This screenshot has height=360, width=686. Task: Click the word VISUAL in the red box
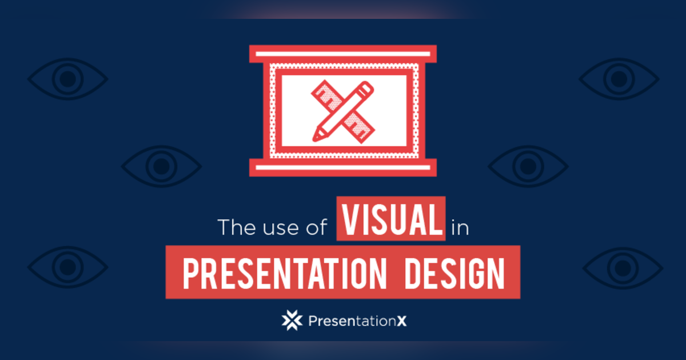[x=390, y=218]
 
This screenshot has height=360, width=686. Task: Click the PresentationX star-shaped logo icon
[x=292, y=320]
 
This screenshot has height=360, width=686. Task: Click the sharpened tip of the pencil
[x=316, y=137]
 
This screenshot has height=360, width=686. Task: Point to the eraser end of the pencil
[x=366, y=88]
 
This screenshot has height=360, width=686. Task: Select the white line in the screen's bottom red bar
[x=343, y=167]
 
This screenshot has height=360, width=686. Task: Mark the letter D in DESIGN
[x=413, y=273]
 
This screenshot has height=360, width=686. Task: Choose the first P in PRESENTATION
[x=190, y=273]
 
